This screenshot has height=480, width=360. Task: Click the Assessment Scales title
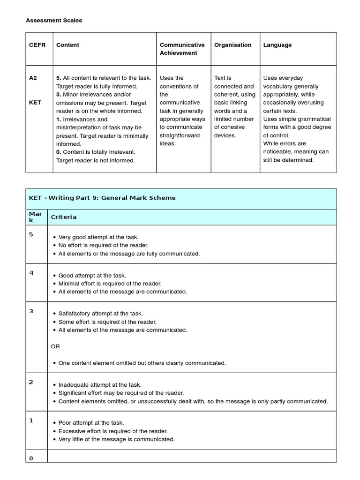54,20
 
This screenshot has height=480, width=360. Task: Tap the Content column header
67,45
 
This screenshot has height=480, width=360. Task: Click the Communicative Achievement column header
182,49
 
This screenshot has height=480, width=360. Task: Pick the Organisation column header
232,45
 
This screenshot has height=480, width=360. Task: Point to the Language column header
277,45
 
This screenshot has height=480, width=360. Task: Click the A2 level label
33,78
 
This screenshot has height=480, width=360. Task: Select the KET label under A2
35,103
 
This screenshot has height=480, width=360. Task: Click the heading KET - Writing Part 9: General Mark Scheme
102,198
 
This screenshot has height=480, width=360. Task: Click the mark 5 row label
31,235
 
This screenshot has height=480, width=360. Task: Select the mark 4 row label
31,273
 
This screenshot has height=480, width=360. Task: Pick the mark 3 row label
31,311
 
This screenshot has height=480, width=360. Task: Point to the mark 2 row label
31,382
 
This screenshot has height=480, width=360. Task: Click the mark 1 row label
31,420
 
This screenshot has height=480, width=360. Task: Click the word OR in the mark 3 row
55,346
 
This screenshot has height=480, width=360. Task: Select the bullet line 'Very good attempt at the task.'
98,237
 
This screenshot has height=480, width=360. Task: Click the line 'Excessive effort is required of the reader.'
112,431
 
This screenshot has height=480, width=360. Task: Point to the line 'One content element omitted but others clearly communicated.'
142,363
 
